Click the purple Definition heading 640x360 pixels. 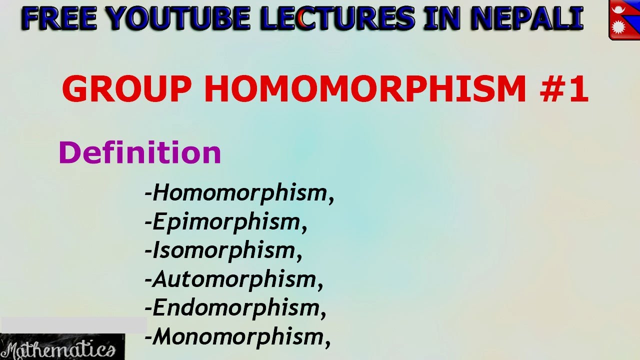coord(140,152)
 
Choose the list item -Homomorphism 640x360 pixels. coord(239,193)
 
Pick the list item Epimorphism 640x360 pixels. coord(225,222)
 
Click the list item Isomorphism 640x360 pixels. coord(223,250)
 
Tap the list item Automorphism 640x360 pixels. coord(234,279)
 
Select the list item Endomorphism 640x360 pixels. coord(235,307)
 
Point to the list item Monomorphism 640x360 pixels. coord(237,336)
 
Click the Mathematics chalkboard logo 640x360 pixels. coord(62,348)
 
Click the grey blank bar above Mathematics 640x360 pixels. coord(73,325)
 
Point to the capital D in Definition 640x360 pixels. coord(69,152)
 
